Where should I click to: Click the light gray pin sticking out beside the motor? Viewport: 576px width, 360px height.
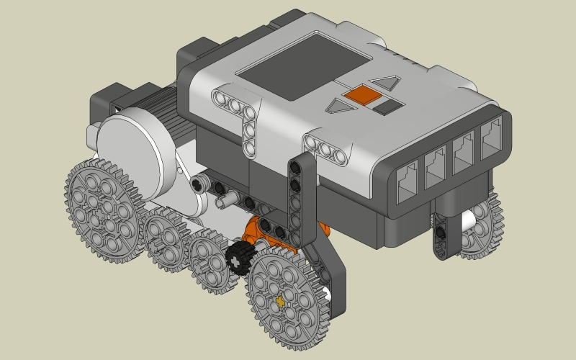point(197,186)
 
